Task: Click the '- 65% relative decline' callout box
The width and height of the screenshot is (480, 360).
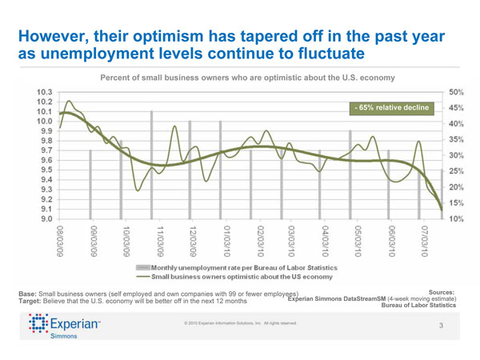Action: (x=392, y=107)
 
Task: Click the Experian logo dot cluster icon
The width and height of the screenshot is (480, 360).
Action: (x=38, y=326)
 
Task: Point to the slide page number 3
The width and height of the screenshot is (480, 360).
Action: (x=441, y=326)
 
